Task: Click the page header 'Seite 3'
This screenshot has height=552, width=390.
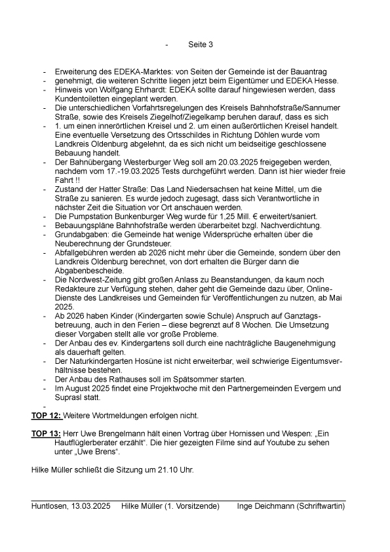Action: click(201, 45)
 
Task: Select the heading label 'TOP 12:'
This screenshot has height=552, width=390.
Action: click(47, 416)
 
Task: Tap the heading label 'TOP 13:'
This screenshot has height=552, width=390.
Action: click(47, 434)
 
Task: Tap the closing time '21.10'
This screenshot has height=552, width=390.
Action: click(160, 470)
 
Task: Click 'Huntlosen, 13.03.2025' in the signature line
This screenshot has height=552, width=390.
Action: click(71, 507)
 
